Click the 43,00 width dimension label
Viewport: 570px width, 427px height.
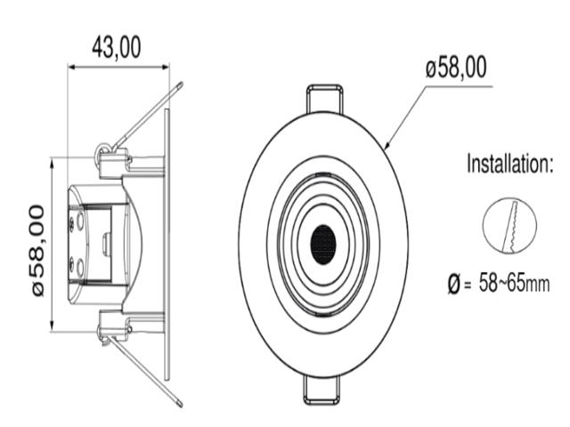117,47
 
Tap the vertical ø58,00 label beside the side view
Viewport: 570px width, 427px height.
38,251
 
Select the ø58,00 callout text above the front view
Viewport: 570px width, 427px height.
456,68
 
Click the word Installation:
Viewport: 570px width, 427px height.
509,164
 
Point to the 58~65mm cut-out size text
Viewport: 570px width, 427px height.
514,283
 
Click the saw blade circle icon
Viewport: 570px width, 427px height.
509,225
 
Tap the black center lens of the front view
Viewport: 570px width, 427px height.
322,245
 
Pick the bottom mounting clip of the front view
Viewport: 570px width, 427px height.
322,391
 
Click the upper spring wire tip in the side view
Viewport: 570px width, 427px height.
180,85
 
